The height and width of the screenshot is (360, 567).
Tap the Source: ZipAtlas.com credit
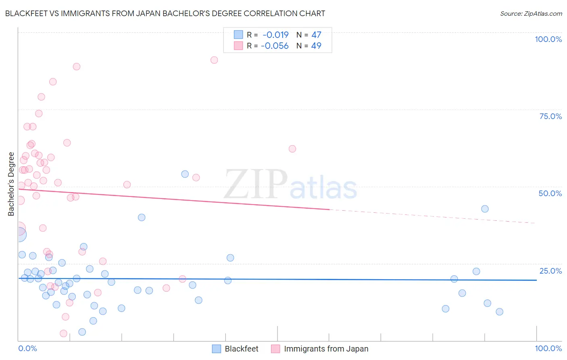[x=531, y=13]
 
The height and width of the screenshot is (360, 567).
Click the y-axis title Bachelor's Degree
[x=11, y=184]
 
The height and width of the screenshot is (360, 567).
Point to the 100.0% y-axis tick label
[x=548, y=39]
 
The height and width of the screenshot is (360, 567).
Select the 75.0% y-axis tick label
[x=550, y=116]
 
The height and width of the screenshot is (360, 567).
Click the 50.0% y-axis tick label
[x=550, y=193]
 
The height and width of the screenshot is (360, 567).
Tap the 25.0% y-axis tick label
[x=550, y=270]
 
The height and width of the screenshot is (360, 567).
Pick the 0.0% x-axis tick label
[x=27, y=348]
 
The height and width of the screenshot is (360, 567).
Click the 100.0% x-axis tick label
[x=548, y=348]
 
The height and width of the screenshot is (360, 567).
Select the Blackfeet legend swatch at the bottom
[x=217, y=349]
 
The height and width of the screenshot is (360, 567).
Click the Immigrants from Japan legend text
[x=326, y=349]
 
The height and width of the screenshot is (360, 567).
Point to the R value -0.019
[x=275, y=35]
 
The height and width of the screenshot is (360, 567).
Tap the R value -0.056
[x=275, y=46]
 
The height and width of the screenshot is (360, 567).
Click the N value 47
[x=316, y=35]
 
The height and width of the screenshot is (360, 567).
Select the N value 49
[x=316, y=46]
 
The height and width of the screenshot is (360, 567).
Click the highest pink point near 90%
[x=214, y=60]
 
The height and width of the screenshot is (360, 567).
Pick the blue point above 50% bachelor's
[x=185, y=174]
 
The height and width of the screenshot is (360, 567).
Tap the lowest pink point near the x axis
[x=63, y=333]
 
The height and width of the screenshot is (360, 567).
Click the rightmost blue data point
[x=499, y=312]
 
